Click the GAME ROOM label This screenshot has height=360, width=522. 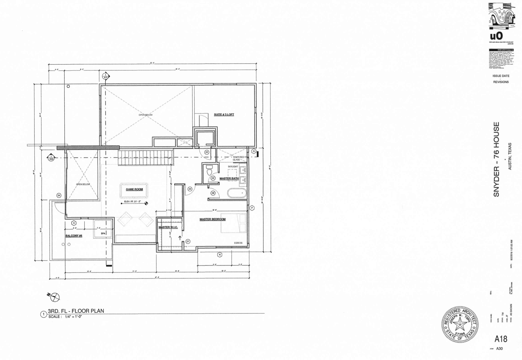(x=134, y=189)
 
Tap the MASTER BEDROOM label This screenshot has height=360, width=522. (x=212, y=219)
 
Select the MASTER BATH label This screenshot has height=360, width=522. (x=229, y=178)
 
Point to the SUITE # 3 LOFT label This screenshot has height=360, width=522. (x=224, y=114)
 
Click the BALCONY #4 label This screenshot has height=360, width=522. (x=74, y=236)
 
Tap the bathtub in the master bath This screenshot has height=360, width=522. (x=237, y=193)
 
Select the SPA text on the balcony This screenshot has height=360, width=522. (x=103, y=234)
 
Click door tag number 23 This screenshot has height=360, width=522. (x=207, y=152)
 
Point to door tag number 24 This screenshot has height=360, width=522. (x=59, y=195)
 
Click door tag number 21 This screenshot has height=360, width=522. (x=188, y=241)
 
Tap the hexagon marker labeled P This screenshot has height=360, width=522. (x=252, y=208)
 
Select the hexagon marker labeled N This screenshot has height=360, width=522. (x=219, y=255)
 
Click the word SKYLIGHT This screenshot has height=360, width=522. (x=233, y=167)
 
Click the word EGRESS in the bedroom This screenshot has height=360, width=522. (x=238, y=243)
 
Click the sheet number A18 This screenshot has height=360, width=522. (x=501, y=339)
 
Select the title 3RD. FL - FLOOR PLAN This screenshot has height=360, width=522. (x=76, y=311)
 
